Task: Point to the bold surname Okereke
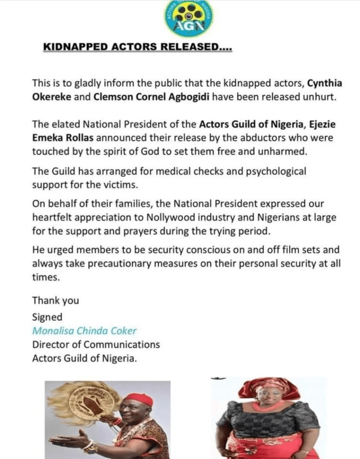pos(50,98)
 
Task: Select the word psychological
pos(278,171)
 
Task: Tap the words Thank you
pos(55,301)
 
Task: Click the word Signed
pos(48,317)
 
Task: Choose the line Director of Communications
pos(96,345)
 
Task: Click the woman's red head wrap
pos(269,387)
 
